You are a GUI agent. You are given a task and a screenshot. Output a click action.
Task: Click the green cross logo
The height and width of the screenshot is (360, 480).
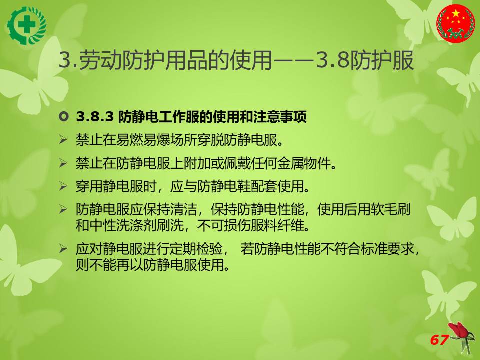click(27, 25)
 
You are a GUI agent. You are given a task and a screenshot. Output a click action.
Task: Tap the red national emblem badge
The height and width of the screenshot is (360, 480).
click(456, 23)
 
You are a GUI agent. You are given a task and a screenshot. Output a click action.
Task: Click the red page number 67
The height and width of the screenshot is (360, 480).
click(439, 340)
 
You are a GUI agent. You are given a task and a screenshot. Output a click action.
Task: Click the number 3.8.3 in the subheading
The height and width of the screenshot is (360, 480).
click(95, 117)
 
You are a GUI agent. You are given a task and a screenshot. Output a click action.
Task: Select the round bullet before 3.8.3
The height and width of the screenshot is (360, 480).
click(63, 117)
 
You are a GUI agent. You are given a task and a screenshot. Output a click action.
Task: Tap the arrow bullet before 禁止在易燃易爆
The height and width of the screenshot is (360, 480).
click(63, 140)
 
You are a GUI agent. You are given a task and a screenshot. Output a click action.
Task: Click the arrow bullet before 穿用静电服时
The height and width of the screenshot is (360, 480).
click(63, 186)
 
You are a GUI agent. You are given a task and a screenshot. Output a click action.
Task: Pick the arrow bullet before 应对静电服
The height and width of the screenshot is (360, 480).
click(63, 248)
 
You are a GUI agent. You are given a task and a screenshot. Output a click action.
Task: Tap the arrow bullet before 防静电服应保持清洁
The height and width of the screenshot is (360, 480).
click(63, 209)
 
